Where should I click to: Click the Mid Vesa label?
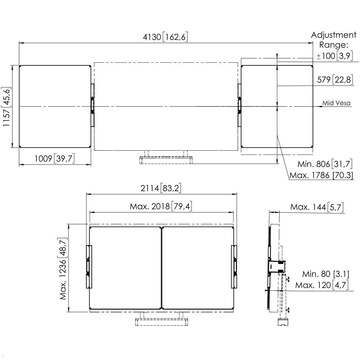[x=336, y=103]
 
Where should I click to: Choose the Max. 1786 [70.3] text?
[x=321, y=175]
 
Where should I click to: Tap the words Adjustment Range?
[x=334, y=40]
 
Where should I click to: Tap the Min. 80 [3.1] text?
[x=325, y=274]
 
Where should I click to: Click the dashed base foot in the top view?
[x=166, y=160]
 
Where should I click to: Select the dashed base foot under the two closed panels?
[x=162, y=322]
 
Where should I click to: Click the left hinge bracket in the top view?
[x=93, y=105]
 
